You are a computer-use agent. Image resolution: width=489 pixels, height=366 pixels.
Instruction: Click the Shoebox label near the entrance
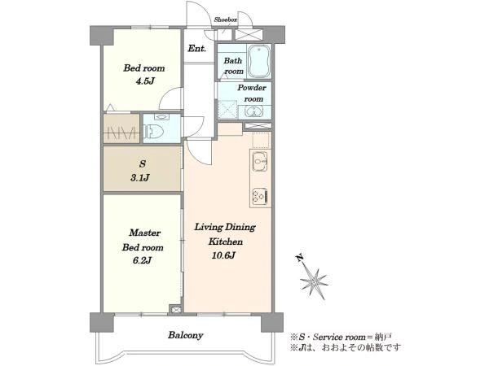226,20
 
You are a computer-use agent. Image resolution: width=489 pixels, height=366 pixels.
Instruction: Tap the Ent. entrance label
196,49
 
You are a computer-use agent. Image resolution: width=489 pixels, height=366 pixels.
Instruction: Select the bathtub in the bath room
259,61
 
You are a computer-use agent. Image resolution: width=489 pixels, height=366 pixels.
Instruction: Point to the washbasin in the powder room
253,111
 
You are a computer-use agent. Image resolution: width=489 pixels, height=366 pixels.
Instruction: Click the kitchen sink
259,161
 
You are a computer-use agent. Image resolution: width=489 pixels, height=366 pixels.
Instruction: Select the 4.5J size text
145,81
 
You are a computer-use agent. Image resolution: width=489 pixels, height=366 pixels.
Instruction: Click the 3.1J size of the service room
139,177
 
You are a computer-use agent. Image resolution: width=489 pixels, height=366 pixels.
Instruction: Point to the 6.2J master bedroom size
142,260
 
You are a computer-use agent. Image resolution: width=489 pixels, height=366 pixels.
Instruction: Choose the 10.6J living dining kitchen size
223,256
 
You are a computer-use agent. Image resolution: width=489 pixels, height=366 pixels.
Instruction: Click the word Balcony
186,335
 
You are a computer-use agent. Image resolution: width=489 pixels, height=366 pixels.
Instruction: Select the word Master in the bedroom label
145,233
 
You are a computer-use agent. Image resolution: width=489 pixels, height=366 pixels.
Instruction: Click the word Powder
252,88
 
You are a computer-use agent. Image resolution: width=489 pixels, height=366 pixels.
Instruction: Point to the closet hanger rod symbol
121,133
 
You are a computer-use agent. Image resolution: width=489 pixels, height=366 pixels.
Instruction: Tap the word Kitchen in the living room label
226,242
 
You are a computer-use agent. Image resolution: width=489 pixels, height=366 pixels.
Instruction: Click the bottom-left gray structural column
102,322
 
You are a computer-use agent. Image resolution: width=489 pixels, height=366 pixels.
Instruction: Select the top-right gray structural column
274,34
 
